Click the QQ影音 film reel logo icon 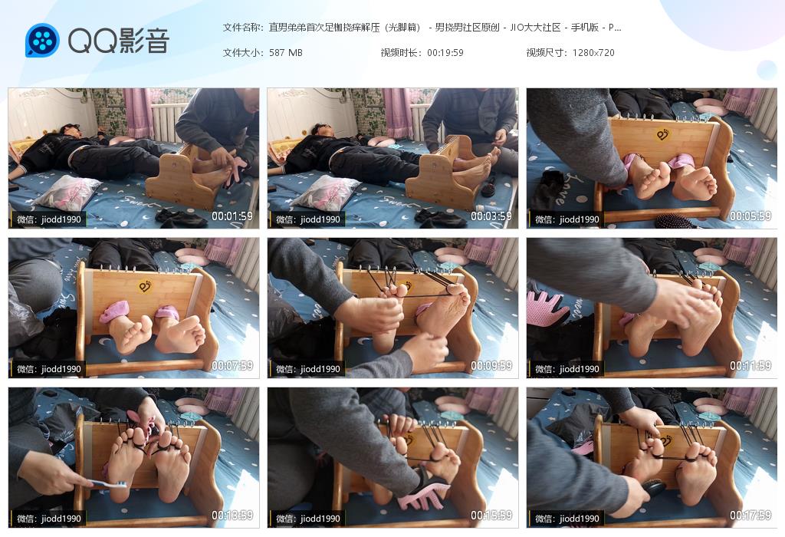click(x=42, y=40)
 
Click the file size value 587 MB click(x=285, y=53)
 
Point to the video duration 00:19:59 click(x=445, y=53)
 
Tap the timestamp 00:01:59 click(x=232, y=216)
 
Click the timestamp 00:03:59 click(x=491, y=216)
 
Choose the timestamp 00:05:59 click(x=750, y=216)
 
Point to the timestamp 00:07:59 click(x=232, y=366)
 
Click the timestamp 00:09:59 click(x=491, y=366)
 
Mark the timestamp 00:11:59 click(x=750, y=366)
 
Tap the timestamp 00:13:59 click(x=232, y=515)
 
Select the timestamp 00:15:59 click(x=491, y=515)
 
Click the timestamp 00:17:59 click(x=750, y=515)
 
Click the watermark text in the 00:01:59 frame click(x=48, y=219)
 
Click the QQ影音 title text click(x=118, y=40)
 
